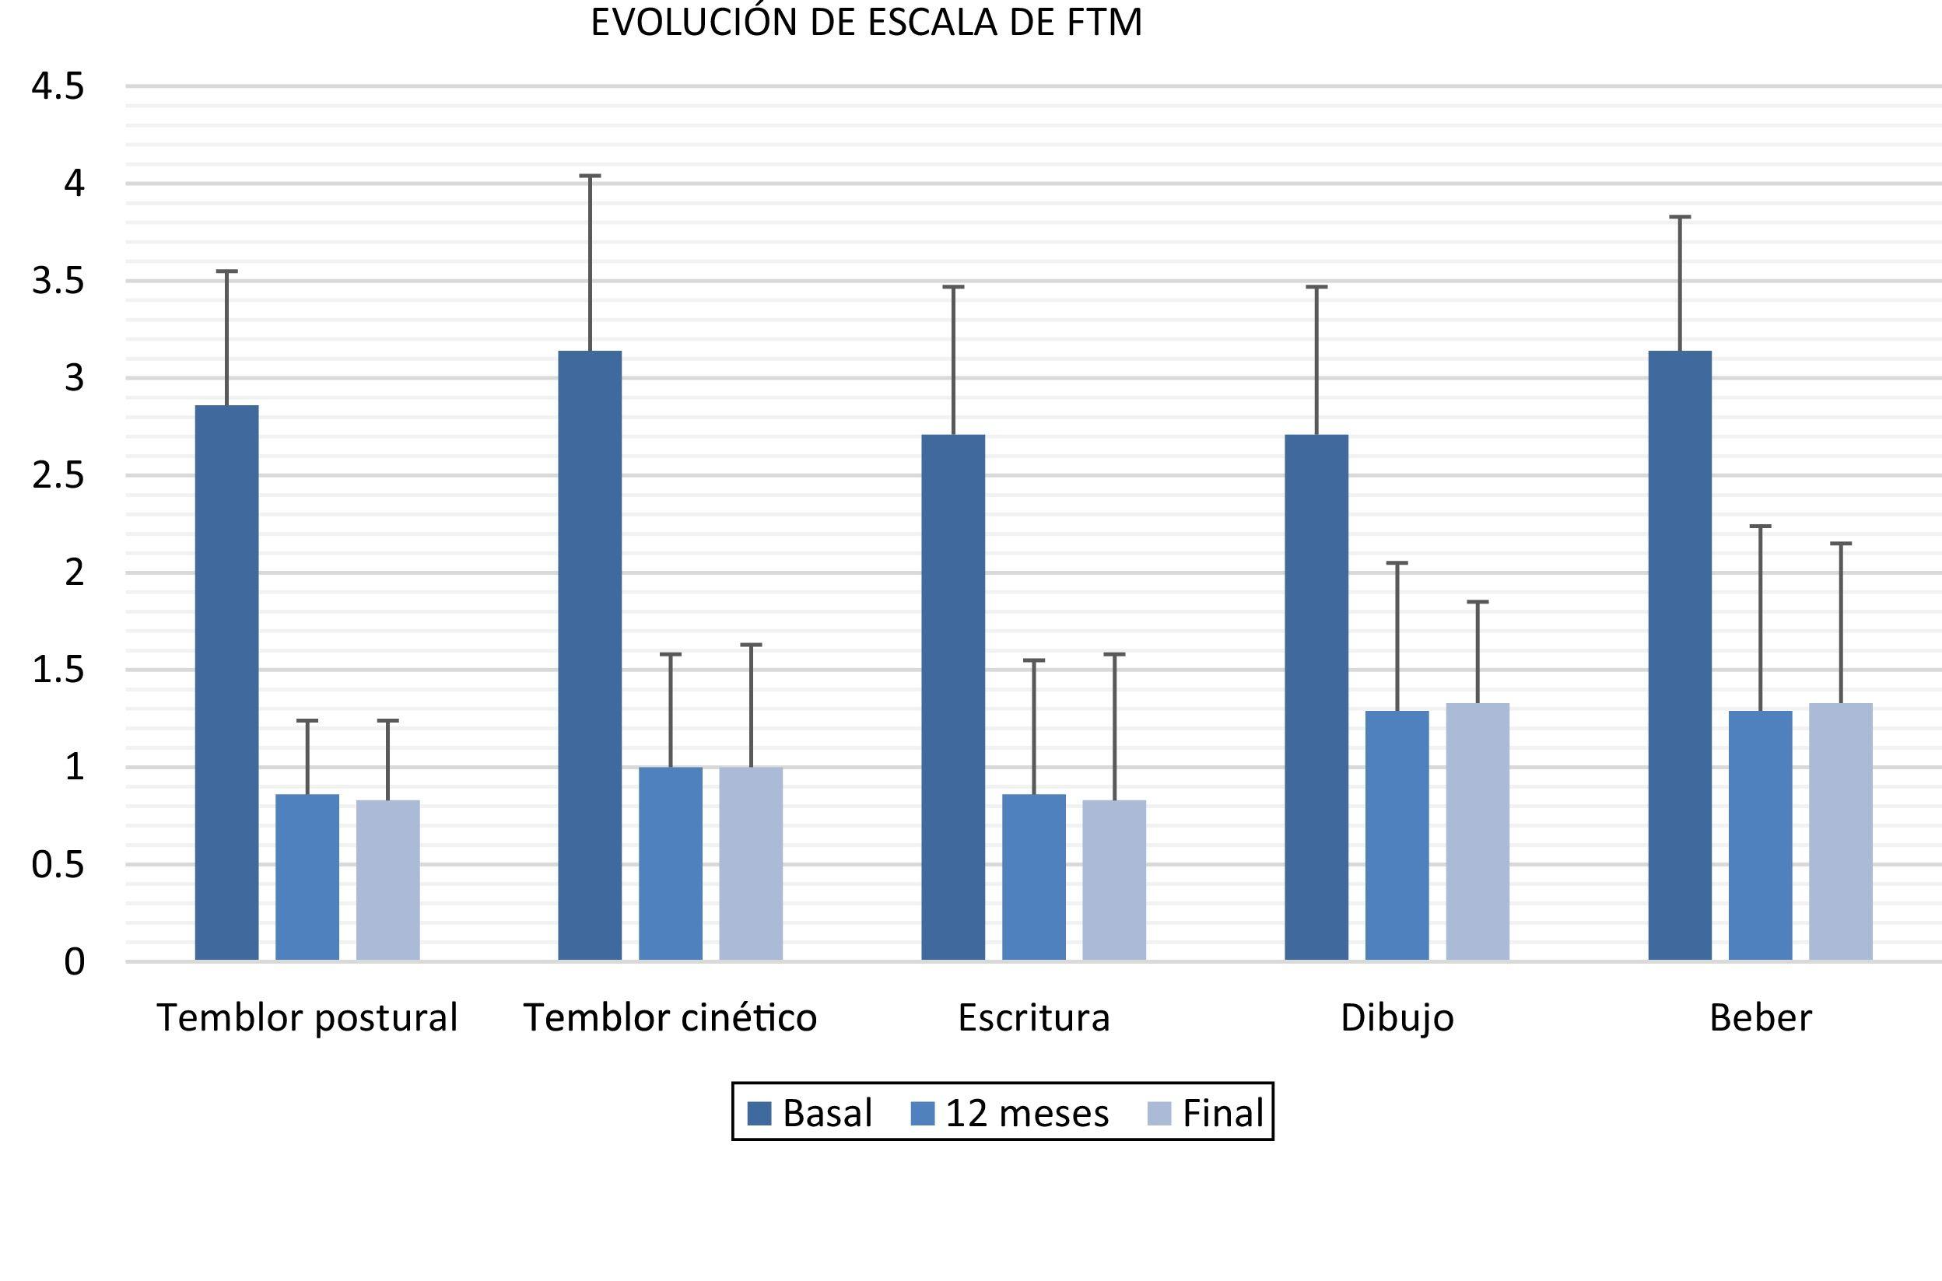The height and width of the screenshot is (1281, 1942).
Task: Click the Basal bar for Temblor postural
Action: click(227, 682)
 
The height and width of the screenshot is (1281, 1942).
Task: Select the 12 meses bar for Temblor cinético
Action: click(670, 863)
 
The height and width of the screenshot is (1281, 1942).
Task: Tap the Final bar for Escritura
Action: click(1113, 880)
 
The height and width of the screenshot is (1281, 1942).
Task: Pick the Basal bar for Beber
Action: click(1680, 655)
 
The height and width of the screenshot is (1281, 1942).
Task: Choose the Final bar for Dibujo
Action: click(1478, 831)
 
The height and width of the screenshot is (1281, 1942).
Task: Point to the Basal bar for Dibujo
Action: click(1316, 697)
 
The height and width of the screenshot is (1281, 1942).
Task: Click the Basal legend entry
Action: click(810, 1114)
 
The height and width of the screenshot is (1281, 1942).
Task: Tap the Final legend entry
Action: click(1206, 1114)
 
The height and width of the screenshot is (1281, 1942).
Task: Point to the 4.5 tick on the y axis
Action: click(58, 86)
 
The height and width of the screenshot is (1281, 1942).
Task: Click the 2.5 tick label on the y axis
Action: click(58, 475)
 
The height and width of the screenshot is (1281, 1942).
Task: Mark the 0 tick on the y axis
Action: click(74, 962)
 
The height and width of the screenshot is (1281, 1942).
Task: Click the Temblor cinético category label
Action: click(670, 1018)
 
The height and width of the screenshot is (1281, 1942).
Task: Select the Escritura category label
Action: click(1033, 1018)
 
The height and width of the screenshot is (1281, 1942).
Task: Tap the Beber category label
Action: click(1761, 1018)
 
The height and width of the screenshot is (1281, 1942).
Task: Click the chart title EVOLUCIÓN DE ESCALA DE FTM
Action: click(866, 23)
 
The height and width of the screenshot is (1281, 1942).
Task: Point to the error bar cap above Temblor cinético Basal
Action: click(590, 176)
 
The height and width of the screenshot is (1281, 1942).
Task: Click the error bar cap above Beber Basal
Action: click(1680, 217)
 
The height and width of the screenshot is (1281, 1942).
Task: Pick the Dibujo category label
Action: click(1397, 1018)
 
